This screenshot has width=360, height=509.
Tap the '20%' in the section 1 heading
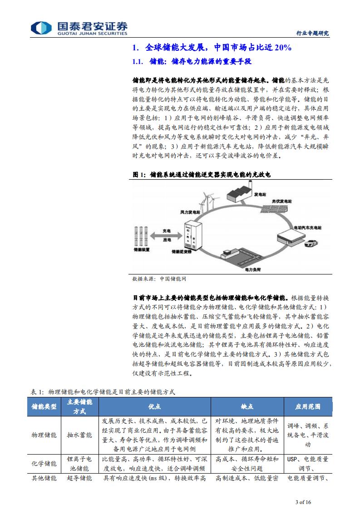click(x=282, y=48)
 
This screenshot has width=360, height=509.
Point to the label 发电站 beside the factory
click(x=260, y=194)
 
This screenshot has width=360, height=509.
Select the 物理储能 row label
click(x=44, y=435)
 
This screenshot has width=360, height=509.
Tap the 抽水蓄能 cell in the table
click(x=79, y=435)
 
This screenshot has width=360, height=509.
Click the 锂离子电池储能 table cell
click(x=79, y=463)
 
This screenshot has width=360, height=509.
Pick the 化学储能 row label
click(x=44, y=464)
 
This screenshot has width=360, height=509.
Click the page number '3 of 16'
click(x=303, y=502)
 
